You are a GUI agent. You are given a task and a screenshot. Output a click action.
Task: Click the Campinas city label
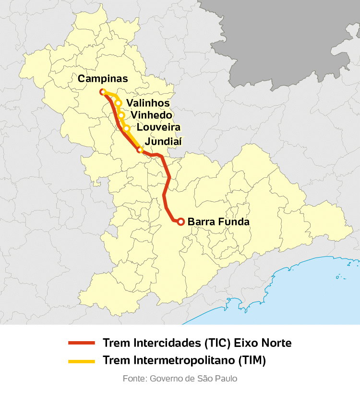click(x=103, y=79)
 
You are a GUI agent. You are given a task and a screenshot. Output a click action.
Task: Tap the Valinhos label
click(x=148, y=103)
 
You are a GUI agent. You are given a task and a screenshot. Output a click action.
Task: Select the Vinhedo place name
click(x=151, y=115)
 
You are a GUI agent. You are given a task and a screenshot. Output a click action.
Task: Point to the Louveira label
click(x=158, y=128)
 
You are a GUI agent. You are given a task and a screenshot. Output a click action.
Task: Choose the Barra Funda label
click(x=218, y=222)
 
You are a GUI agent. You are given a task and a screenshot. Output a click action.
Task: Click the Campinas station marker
click(x=102, y=92)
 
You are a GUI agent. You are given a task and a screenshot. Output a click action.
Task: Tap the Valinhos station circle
click(x=118, y=103)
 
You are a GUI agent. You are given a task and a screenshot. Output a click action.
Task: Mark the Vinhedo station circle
click(x=121, y=115)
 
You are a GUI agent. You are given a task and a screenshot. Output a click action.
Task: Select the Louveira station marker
click(x=127, y=128)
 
